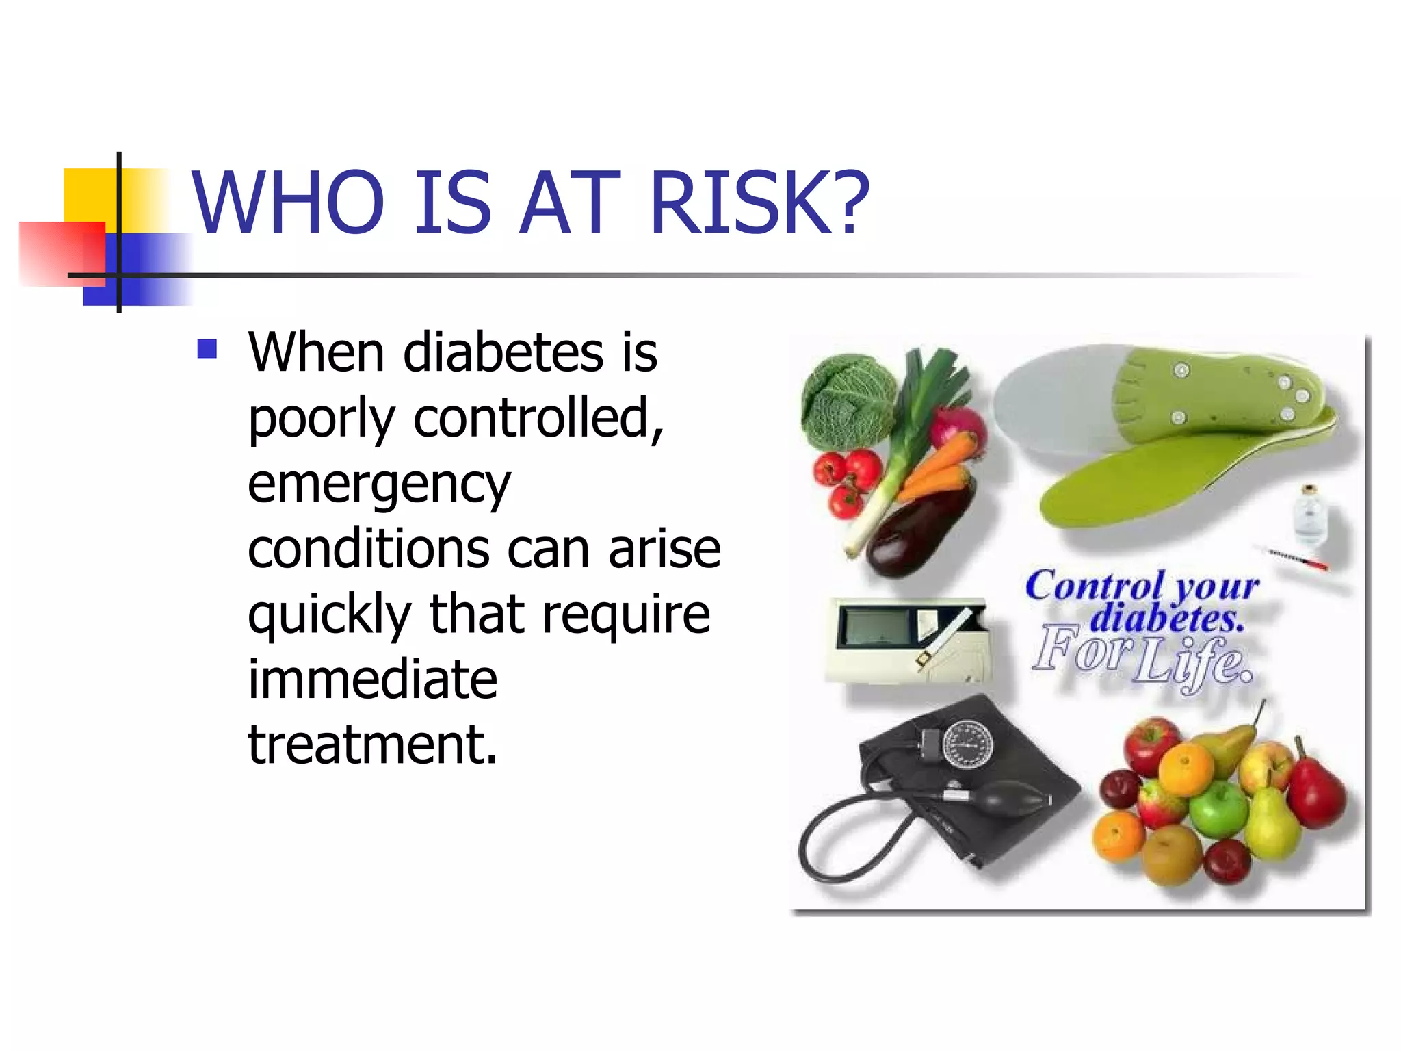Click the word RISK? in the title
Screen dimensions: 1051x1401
pos(759,203)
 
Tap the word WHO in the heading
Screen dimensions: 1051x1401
pos(288,203)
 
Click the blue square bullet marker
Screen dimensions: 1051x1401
pos(207,349)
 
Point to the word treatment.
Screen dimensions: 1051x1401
pos(372,744)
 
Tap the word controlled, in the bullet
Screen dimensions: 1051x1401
pos(538,419)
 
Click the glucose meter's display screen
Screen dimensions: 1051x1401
pos(873,625)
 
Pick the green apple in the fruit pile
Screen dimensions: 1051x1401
pos(1218,809)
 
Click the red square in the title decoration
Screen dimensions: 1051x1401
pos(62,253)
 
